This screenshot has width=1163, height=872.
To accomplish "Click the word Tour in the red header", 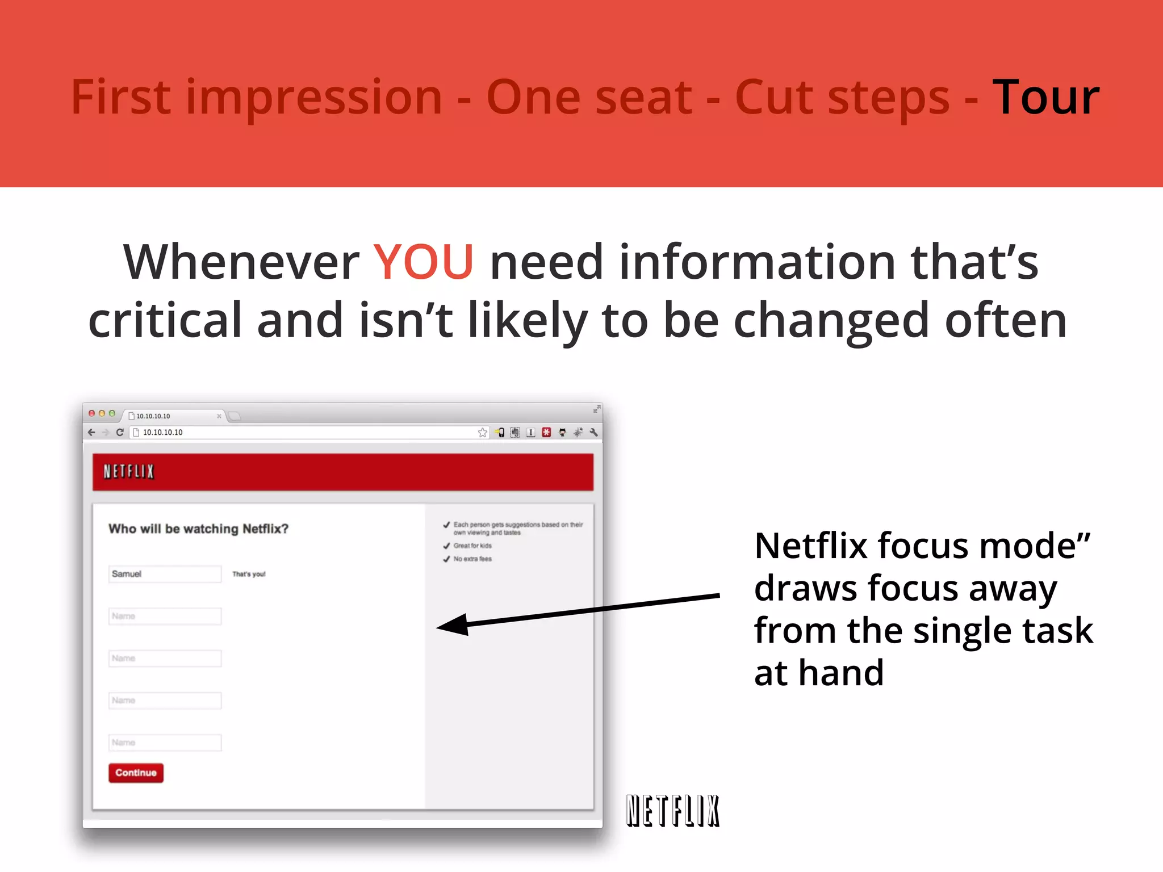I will [x=1045, y=98].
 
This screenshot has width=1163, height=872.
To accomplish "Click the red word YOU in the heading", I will [x=423, y=262].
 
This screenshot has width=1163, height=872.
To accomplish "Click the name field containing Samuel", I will [x=165, y=574].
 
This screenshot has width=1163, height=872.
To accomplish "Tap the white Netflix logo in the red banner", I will [x=129, y=472].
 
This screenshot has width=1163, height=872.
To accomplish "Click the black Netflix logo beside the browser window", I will [x=673, y=811].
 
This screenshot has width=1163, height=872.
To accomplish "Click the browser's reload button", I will [x=120, y=433].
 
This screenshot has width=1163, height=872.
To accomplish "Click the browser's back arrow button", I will [x=91, y=433].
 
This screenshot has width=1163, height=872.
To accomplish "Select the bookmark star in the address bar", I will [x=482, y=433].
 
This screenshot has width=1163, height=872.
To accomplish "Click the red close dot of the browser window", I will [x=91, y=413].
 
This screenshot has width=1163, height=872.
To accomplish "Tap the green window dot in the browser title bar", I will [x=112, y=413].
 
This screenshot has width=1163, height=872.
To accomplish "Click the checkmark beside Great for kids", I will [x=446, y=546].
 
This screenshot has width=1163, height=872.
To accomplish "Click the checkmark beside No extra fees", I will [x=446, y=559].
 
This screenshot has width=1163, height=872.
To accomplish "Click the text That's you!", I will [x=249, y=575].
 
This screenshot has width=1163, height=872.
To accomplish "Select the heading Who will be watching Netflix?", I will [x=198, y=529].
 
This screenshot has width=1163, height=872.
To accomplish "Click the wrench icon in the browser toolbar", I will [x=593, y=433].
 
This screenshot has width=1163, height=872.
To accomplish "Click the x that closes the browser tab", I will [x=219, y=416].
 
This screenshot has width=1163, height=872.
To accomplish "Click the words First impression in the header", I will [x=256, y=98].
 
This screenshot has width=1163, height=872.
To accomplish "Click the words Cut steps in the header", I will [x=842, y=98].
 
